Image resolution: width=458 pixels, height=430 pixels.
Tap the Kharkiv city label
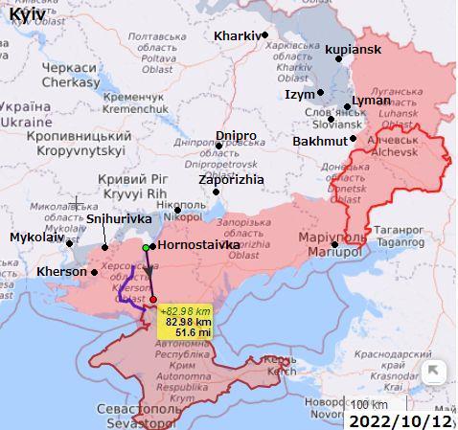[236, 35]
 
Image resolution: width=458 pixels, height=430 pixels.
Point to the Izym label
[299, 94]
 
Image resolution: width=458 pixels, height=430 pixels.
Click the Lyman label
[372, 100]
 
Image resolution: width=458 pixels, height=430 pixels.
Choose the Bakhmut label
[319, 141]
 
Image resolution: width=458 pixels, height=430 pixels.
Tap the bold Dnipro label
[236, 135]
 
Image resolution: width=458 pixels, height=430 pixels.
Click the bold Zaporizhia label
[230, 178]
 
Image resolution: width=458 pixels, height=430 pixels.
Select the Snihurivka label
[119, 218]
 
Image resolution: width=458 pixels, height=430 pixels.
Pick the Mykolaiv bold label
[37, 237]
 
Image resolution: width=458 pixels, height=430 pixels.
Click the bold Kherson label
[61, 271]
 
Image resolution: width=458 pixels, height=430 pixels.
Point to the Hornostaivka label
[195, 245]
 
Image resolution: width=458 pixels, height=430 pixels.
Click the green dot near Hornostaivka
[146, 248]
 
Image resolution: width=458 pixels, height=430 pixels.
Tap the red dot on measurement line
[153, 300]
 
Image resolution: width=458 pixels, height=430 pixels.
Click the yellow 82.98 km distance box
[187, 322]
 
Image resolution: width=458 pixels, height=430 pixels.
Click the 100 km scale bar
[369, 403]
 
